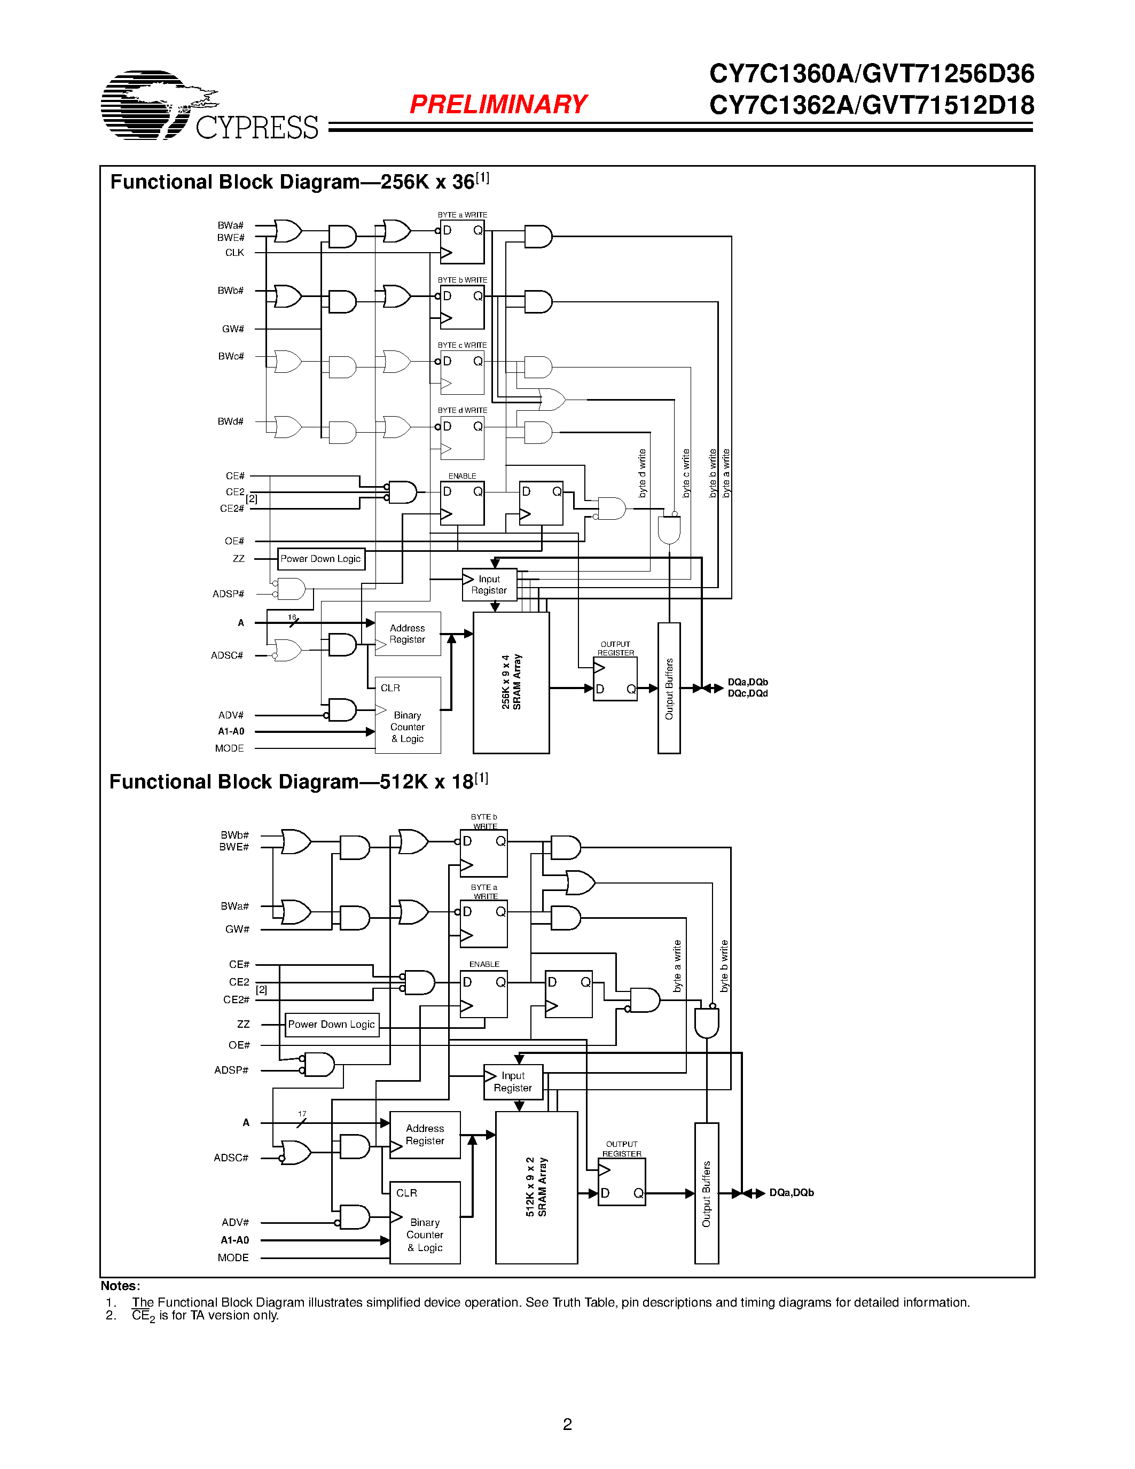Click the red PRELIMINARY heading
[x=498, y=104]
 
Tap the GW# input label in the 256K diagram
[x=233, y=329]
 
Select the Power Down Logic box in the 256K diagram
[x=320, y=559]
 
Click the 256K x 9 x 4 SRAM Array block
[x=511, y=682]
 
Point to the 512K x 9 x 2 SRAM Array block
[x=536, y=1187]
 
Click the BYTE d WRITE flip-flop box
[x=462, y=438]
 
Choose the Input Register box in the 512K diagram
[x=513, y=1082]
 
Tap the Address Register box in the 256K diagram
[x=408, y=634]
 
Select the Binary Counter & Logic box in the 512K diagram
[x=425, y=1222]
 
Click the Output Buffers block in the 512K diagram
[x=706, y=1193]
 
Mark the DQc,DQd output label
[x=747, y=693]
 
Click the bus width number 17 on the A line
[x=302, y=1114]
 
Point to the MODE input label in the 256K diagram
[x=229, y=748]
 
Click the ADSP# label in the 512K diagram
[x=231, y=1070]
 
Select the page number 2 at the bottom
[x=567, y=1424]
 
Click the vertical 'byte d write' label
[x=642, y=473]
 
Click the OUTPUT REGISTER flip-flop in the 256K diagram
[x=615, y=678]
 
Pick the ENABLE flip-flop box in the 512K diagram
[x=483, y=994]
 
